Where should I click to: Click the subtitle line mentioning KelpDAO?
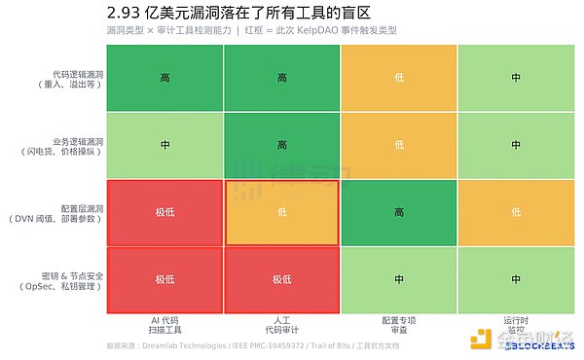pyautogui.click(x=251, y=31)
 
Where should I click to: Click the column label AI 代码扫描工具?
pyautogui.click(x=164, y=325)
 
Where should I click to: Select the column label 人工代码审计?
pyautogui.click(x=281, y=325)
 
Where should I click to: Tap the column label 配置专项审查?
pyautogui.click(x=398, y=325)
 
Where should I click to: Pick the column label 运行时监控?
pyautogui.click(x=515, y=325)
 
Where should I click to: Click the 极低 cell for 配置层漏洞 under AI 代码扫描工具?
pyautogui.click(x=164, y=212)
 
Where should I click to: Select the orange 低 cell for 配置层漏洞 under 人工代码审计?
pyautogui.click(x=281, y=212)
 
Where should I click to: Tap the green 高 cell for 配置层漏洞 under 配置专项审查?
pyautogui.click(x=398, y=212)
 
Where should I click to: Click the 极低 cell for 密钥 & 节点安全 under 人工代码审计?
pyautogui.click(x=281, y=279)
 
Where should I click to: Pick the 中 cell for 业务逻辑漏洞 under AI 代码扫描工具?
pyautogui.click(x=164, y=145)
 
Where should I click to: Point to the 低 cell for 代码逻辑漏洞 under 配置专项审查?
pyautogui.click(x=398, y=78)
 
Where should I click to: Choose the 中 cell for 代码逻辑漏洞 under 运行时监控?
pyautogui.click(x=515, y=78)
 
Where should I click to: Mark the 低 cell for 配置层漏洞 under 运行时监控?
pyautogui.click(x=515, y=212)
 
